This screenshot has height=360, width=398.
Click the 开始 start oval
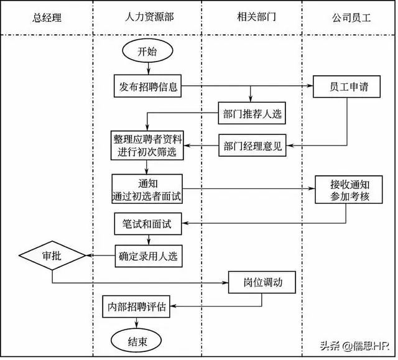point(147,50)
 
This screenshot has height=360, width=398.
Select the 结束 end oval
point(137,341)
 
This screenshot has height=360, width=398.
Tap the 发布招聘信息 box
point(147,86)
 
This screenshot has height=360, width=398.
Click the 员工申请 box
point(346,86)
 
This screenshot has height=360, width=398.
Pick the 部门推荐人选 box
point(252,113)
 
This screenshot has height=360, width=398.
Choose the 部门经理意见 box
point(252,145)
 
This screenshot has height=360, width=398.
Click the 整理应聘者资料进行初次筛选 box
point(147,145)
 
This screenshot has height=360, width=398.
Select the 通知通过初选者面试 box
point(147,189)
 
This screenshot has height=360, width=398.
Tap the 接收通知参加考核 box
point(349,190)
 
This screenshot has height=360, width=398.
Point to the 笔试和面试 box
point(148,224)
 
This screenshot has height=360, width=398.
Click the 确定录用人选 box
point(149,256)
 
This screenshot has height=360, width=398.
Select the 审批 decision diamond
point(52,255)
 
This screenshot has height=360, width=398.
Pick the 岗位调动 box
point(262,282)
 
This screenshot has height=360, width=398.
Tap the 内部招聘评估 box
point(136,307)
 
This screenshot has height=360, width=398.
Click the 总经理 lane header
point(47,18)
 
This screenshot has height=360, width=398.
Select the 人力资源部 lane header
point(149,17)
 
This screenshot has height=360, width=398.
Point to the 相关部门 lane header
point(256,17)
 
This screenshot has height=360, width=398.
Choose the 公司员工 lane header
point(351,18)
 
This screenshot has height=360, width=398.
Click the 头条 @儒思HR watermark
point(355,346)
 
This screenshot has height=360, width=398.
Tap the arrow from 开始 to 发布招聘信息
point(149,68)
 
